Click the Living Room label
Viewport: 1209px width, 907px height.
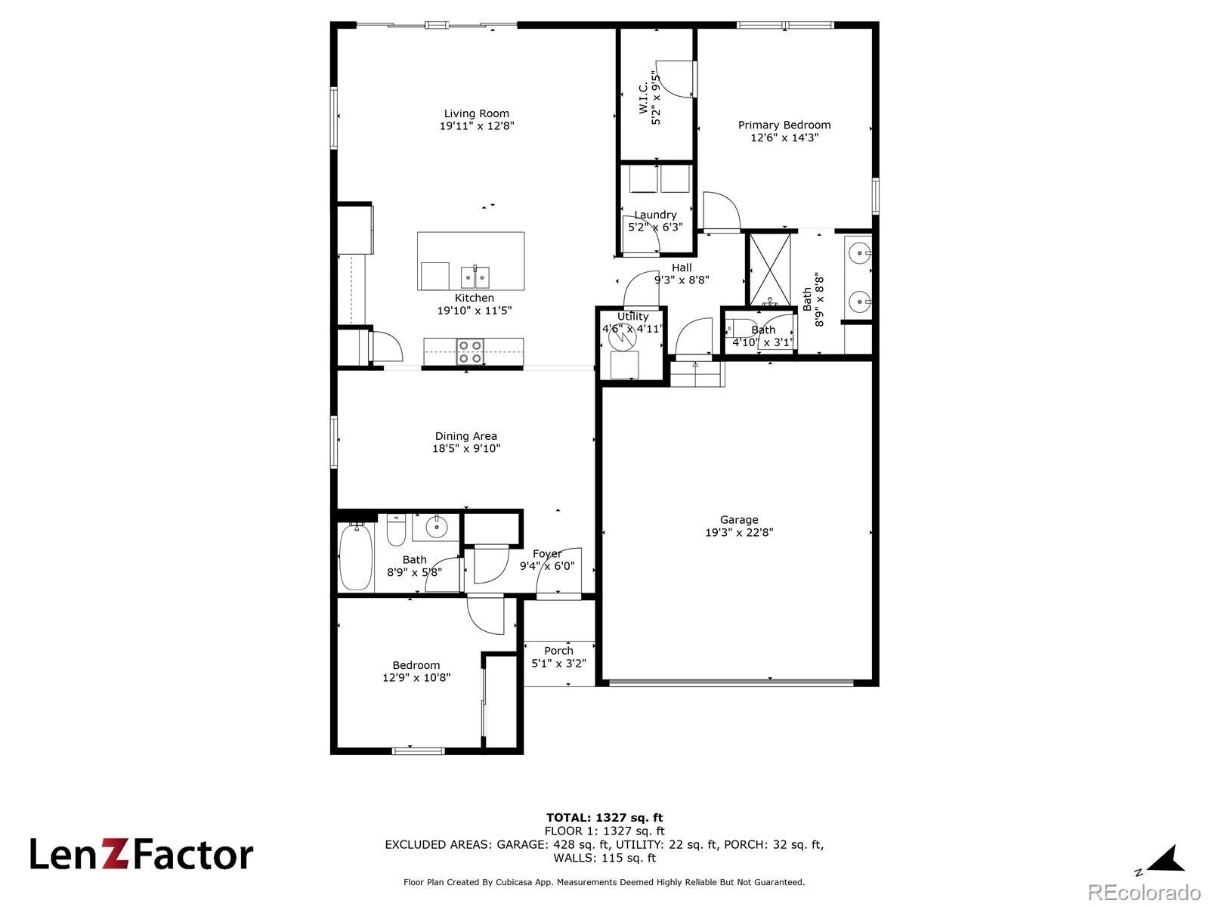pyautogui.click(x=477, y=113)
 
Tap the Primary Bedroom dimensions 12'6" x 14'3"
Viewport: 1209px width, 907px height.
pyautogui.click(x=784, y=137)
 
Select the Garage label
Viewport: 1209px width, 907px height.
pyautogui.click(x=739, y=520)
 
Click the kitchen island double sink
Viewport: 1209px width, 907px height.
pyautogui.click(x=475, y=277)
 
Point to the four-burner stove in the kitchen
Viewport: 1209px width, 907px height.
pyautogui.click(x=471, y=352)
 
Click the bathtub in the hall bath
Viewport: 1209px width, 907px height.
pyautogui.click(x=356, y=556)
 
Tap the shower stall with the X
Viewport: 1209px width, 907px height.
pyautogui.click(x=770, y=269)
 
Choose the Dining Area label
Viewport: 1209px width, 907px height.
pyautogui.click(x=466, y=436)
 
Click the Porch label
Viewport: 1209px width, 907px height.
pyautogui.click(x=558, y=650)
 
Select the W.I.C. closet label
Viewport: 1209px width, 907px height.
pyautogui.click(x=643, y=98)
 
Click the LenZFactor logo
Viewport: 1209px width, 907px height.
pyautogui.click(x=141, y=854)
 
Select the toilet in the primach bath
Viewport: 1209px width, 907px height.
pyautogui.click(x=740, y=330)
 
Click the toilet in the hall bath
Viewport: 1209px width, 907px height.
pyautogui.click(x=396, y=529)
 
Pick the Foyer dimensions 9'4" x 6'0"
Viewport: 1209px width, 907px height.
pyautogui.click(x=547, y=565)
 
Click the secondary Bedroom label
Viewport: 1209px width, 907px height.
pyautogui.click(x=416, y=665)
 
